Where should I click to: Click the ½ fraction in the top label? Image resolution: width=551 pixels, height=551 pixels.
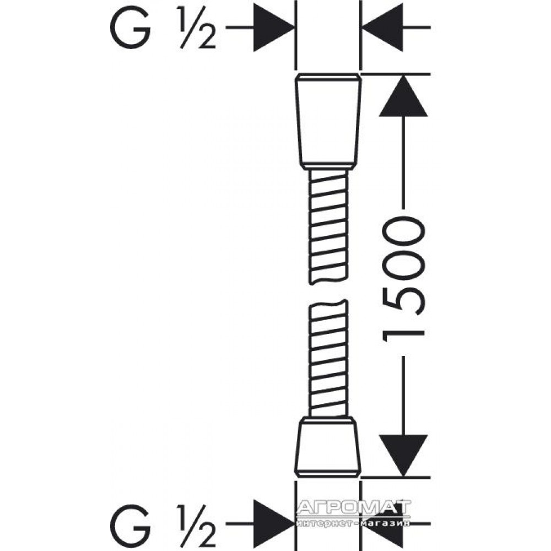pos(197,28)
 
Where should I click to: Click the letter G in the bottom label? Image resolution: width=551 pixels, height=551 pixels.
pos(130,525)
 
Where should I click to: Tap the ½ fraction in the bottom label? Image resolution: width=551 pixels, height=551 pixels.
pos(197,525)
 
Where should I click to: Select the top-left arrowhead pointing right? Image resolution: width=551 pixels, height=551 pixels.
pos(274,27)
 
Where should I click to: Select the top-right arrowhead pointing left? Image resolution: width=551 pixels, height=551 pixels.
pos(382,27)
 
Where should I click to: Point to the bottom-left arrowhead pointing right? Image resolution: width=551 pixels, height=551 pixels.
pos(274,523)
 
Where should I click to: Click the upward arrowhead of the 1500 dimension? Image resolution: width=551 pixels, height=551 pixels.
pos(403,95)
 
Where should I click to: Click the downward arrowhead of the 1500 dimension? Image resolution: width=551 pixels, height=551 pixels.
pos(403,456)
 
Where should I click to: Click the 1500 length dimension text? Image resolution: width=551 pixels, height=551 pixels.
pos(404,279)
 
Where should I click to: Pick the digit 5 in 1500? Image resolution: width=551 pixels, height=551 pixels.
pos(404,301)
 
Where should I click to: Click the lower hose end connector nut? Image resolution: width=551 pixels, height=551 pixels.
pos(328,447)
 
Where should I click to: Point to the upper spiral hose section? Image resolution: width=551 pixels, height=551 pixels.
pos(328,226)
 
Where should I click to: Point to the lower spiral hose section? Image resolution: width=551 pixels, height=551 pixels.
pos(328,359)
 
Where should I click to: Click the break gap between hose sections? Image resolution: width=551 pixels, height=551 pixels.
pos(328,291)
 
